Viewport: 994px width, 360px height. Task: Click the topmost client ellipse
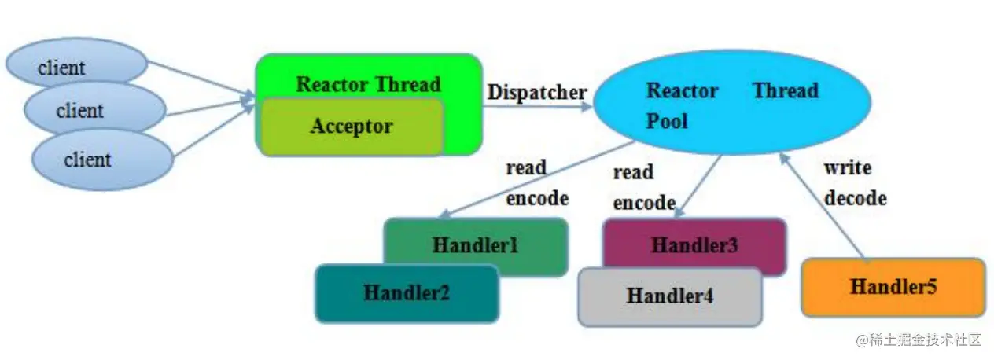tap(76, 63)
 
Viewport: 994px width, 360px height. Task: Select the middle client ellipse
tap(95, 108)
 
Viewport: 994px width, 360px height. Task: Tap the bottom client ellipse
tap(102, 160)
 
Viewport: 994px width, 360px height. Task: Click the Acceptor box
tap(352, 127)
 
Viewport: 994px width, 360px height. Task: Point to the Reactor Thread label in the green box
tap(368, 84)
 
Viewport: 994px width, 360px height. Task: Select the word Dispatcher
tap(537, 92)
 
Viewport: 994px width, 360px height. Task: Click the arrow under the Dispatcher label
tap(537, 106)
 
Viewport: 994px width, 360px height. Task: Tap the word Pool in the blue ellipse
tap(667, 121)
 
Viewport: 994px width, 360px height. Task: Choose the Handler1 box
tap(476, 245)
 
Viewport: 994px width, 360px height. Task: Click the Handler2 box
tap(407, 293)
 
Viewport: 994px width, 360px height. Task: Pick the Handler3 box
tap(694, 245)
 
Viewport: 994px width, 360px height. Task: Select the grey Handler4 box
tap(670, 296)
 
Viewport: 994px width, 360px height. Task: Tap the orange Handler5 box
tap(893, 287)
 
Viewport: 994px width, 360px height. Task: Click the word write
tap(848, 168)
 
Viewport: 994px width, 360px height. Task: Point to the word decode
tap(855, 198)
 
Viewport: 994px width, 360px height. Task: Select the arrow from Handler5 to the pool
tap(821, 205)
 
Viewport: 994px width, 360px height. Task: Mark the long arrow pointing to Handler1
tap(536, 180)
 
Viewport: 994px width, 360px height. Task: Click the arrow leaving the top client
tap(201, 79)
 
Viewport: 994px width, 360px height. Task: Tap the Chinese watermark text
tap(919, 340)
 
